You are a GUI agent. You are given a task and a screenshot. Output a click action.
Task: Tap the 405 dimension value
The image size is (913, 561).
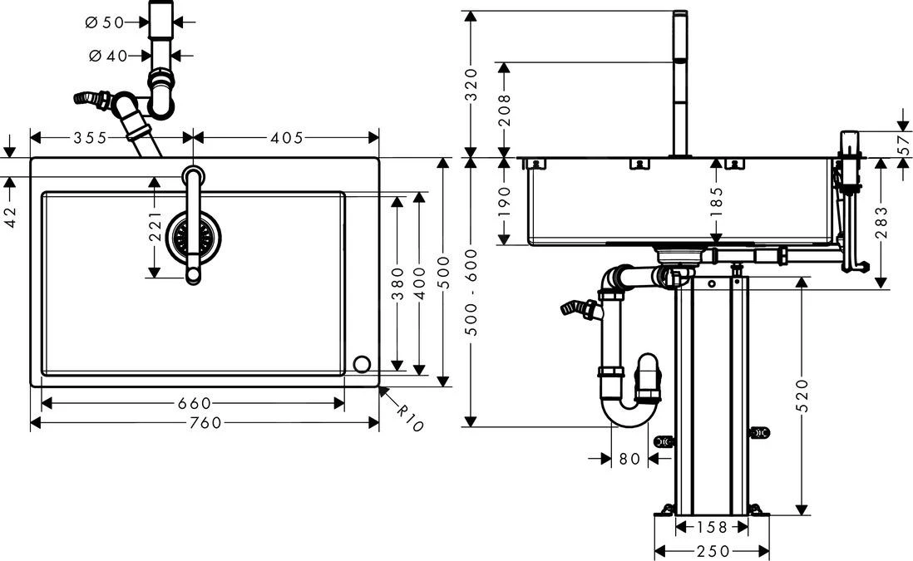(x=287, y=138)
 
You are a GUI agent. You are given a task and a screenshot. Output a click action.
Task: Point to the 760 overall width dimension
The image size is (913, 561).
(x=205, y=423)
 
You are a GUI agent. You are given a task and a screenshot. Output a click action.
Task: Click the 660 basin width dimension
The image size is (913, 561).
(x=194, y=403)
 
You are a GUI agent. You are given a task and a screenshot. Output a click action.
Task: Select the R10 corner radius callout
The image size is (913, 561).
(x=409, y=417)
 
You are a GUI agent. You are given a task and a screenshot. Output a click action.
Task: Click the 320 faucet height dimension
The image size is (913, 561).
(x=471, y=83)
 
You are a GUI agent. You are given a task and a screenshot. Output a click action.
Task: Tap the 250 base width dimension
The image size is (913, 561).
(x=713, y=551)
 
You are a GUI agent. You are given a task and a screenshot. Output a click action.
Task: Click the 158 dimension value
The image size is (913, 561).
(x=713, y=527)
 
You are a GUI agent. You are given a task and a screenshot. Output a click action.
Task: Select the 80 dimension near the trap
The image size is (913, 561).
(x=629, y=458)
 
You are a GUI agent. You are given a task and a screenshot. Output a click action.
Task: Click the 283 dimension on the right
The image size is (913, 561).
(x=881, y=222)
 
